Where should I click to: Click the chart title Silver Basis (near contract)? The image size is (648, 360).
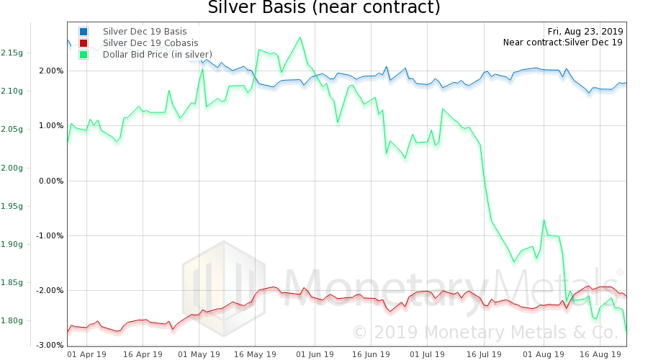(x=323, y=9)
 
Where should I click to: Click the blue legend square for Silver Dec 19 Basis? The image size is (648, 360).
(x=84, y=32)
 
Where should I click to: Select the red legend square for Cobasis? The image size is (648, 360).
(x=84, y=43)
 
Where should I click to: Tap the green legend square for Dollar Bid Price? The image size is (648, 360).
(x=84, y=55)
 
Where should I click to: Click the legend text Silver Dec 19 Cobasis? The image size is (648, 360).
(x=150, y=43)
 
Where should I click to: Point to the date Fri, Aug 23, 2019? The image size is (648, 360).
(x=585, y=31)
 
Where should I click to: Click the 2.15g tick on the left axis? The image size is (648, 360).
(x=12, y=53)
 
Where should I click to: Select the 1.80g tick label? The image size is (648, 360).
(x=12, y=320)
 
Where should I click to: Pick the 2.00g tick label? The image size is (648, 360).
(x=12, y=168)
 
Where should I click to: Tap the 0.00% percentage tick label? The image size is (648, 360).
(x=51, y=181)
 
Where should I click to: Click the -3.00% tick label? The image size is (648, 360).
(x=51, y=346)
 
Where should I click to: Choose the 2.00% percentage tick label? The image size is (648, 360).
(x=51, y=71)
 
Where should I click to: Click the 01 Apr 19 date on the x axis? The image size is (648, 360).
(x=86, y=354)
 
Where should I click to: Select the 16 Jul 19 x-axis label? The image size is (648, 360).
(x=484, y=354)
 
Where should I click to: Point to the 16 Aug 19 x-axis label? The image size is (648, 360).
(x=600, y=354)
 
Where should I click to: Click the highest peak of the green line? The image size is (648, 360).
(x=300, y=37)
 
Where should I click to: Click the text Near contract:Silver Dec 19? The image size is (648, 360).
(x=562, y=42)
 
